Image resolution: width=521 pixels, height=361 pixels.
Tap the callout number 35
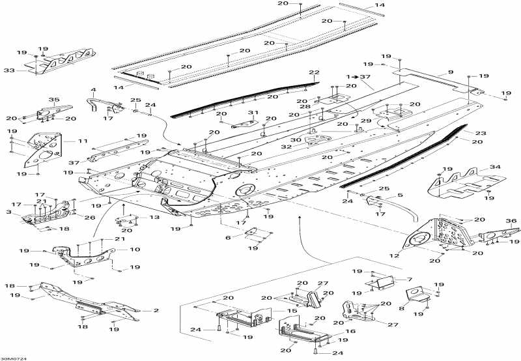click(53, 100)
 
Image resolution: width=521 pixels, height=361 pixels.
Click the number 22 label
click(314, 72)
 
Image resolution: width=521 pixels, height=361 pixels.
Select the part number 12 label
click(393, 256)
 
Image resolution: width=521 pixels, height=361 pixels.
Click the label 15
click(293, 311)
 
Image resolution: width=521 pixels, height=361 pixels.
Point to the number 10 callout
click(134, 250)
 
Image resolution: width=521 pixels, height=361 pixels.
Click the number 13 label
click(154, 217)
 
